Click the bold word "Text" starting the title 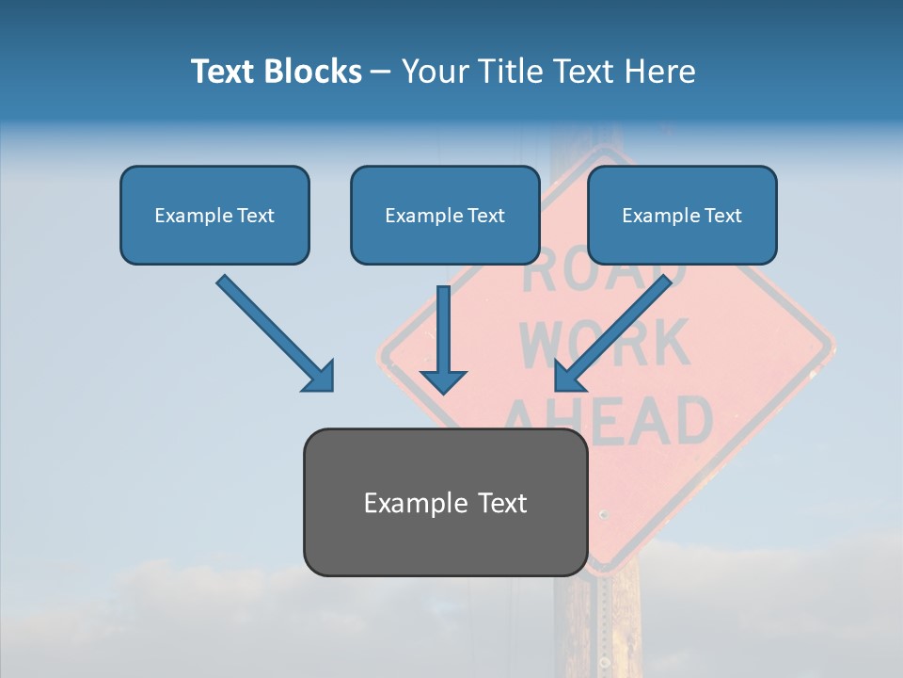pyautogui.click(x=225, y=72)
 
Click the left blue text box pyautogui.click(x=214, y=215)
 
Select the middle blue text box pyautogui.click(x=445, y=215)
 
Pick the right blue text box pyautogui.click(x=682, y=215)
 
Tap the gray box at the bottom pyautogui.click(x=445, y=502)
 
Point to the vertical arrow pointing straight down pyautogui.click(x=443, y=330)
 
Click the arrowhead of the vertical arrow pyautogui.click(x=443, y=380)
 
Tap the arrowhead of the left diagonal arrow pyautogui.click(x=321, y=378)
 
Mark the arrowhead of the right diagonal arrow pyautogui.click(x=567, y=378)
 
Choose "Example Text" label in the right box pyautogui.click(x=682, y=215)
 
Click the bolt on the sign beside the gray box pyautogui.click(x=603, y=514)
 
